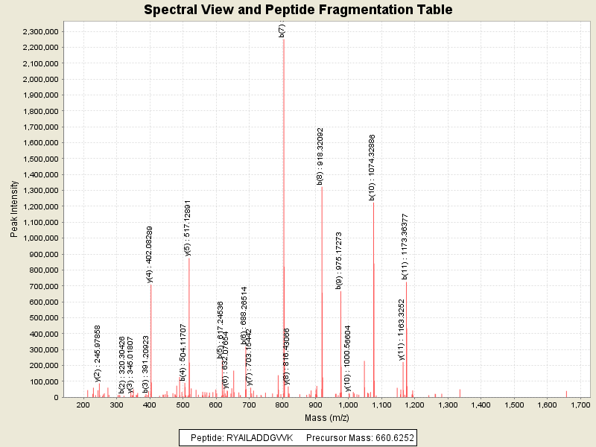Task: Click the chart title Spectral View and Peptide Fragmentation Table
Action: (298, 10)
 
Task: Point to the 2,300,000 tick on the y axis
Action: (39, 31)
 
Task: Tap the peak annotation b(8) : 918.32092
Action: (320, 156)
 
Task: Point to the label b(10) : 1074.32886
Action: (372, 167)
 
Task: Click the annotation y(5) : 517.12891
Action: (188, 228)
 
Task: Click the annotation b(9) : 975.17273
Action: (339, 260)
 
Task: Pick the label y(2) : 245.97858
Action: (98, 351)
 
